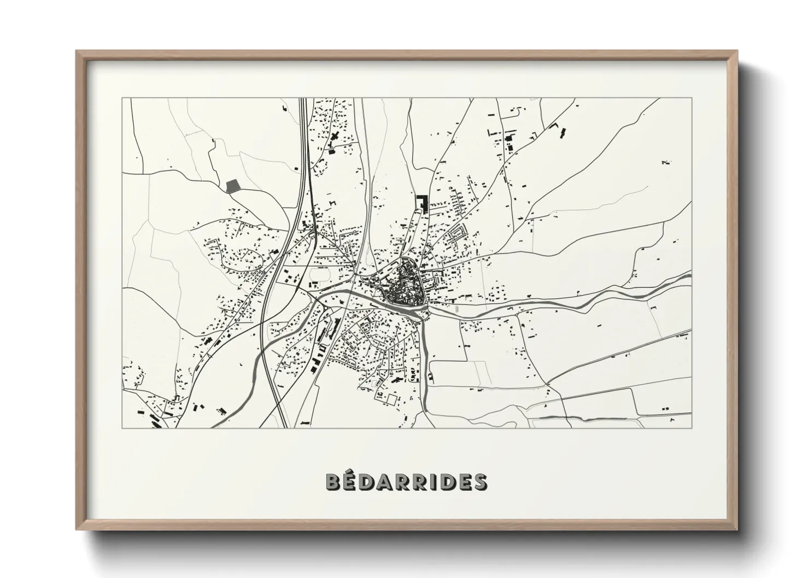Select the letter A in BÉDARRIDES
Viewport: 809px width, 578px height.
(x=388, y=482)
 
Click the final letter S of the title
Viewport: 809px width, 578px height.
(x=480, y=482)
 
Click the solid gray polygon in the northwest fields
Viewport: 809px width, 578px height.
(x=233, y=185)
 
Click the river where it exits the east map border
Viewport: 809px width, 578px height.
(x=690, y=278)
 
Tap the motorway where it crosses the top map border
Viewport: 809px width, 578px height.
(x=302, y=99)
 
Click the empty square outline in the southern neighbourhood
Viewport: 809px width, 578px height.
(x=391, y=400)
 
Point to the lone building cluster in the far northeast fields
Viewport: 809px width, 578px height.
(x=665, y=162)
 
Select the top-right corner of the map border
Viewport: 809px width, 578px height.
(x=691, y=98)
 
